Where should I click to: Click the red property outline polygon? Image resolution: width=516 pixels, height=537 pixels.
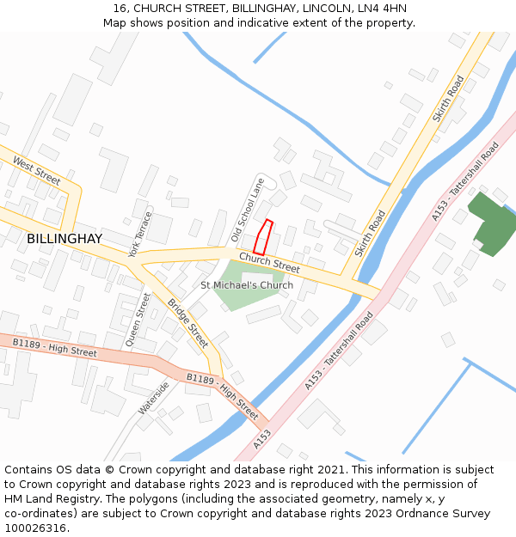pos(263,236)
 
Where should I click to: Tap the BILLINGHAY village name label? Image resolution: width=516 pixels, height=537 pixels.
pos(64,238)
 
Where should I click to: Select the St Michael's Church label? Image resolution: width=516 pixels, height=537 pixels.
pos(247,285)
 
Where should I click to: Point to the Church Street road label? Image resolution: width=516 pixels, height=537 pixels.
pos(269,262)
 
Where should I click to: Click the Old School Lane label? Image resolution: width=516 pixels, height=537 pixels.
pos(249,210)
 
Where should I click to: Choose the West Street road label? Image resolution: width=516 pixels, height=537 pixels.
pos(37,170)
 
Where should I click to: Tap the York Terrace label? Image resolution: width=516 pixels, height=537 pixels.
pos(139,234)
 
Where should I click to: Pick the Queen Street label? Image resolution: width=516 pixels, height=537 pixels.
pos(138,319)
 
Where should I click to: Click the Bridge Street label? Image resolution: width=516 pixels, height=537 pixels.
pos(187,323)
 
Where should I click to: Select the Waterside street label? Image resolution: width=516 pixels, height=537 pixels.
pos(154,398)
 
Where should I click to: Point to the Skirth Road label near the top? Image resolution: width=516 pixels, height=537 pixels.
pos(449,97)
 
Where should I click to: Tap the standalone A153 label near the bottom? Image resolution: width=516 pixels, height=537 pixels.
pos(262,439)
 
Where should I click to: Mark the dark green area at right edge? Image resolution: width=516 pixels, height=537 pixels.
pos(493,223)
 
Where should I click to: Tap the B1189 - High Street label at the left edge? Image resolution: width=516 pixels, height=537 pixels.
pos(54,347)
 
